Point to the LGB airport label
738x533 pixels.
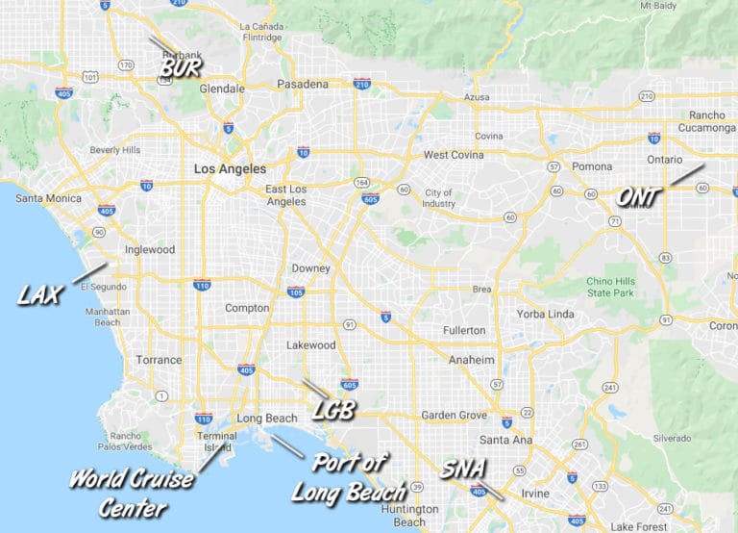tap(334, 411)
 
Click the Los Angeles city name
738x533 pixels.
tap(230, 169)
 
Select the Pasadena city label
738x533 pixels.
tap(303, 85)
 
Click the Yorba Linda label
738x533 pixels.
tap(544, 314)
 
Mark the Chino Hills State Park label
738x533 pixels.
tap(612, 287)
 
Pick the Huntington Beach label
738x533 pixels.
tap(409, 516)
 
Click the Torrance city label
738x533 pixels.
tap(159, 360)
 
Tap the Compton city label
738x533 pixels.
tap(246, 309)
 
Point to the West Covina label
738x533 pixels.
tap(455, 155)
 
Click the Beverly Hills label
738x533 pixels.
tap(115, 150)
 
